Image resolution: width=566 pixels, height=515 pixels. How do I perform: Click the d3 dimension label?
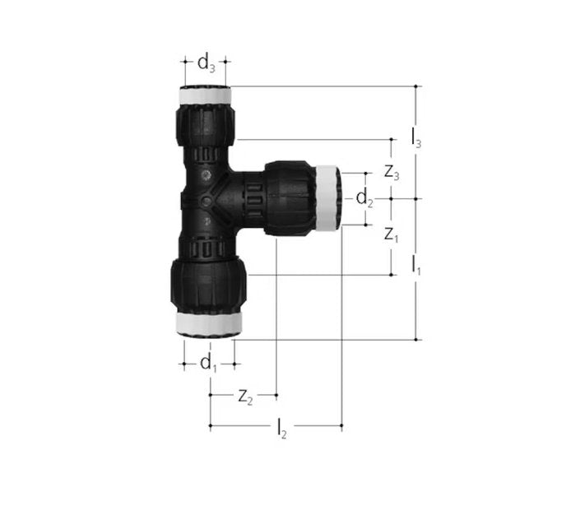click(x=206, y=62)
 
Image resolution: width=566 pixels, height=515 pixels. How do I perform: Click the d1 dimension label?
click(x=208, y=362)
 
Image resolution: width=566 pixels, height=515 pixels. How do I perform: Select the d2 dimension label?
click(x=364, y=198)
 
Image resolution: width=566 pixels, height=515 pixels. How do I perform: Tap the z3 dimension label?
click(x=392, y=173)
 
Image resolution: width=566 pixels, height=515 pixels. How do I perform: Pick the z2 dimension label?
click(x=244, y=396)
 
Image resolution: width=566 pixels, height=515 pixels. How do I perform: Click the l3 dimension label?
click(x=417, y=139)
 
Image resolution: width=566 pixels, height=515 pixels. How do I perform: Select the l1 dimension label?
click(x=417, y=266)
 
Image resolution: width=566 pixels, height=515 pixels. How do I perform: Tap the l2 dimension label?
click(x=281, y=427)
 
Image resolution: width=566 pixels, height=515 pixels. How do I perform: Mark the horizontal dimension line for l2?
click(x=317, y=426)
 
